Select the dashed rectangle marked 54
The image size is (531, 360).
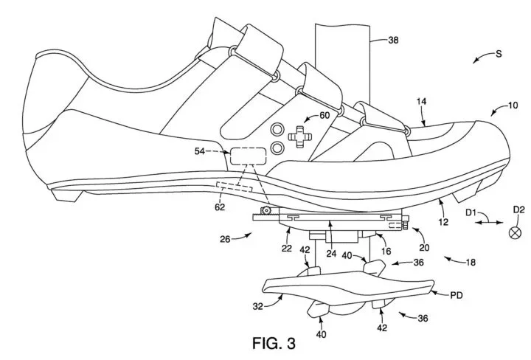(248, 156)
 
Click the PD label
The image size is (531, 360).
(458, 294)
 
